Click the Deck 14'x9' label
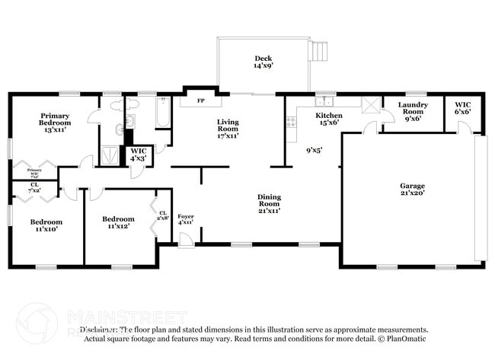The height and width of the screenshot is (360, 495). coord(263,62)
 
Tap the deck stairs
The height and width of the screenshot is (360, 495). coord(319,52)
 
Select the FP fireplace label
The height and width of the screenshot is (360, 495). coord(200,100)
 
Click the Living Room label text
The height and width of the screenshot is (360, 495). coord(228,129)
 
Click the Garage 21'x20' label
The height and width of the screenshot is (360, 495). coord(412,189)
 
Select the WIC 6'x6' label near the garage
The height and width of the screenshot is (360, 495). coord(462,108)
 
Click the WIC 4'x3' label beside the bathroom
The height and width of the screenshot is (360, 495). coord(139,155)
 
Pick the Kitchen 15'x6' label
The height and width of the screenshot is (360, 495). coord(329,119)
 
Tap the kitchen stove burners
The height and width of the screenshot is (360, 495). coord(290,122)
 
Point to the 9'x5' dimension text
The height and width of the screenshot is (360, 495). coord(315,151)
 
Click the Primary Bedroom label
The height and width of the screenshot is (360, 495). coord(55,123)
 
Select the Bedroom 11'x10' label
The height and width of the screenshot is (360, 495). coord(46,226)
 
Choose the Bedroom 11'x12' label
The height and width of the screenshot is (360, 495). coord(118,223)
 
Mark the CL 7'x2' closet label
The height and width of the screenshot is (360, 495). coord(35,187)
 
